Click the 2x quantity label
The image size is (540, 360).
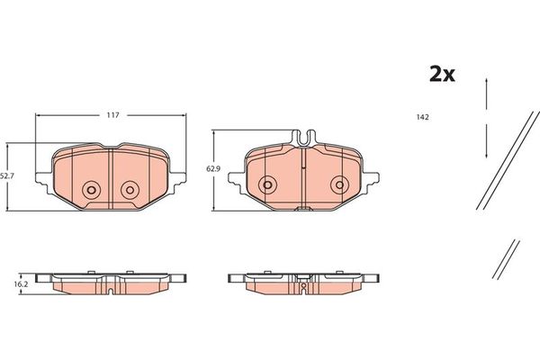441,75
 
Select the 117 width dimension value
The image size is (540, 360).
113,115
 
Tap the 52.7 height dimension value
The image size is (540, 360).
7,175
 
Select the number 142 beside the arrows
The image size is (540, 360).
422,117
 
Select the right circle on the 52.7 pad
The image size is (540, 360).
130,189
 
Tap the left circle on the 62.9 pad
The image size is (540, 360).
266,184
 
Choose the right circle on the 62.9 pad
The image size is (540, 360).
338,184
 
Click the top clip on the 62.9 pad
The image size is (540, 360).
303,138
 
